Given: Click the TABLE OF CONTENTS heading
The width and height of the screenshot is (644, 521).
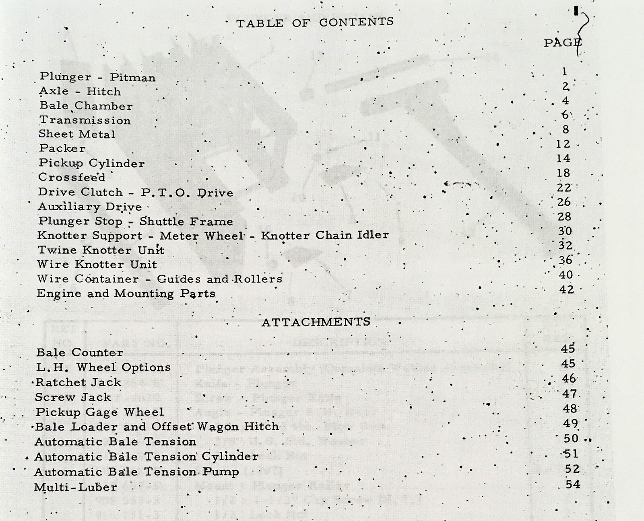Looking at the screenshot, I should [315, 23].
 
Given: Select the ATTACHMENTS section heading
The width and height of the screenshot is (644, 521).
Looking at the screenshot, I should [316, 322].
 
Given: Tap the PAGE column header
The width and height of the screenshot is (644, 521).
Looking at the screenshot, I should [562, 43].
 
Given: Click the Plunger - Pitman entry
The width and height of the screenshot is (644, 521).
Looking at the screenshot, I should [97, 77].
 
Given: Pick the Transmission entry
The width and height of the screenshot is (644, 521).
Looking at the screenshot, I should [85, 120].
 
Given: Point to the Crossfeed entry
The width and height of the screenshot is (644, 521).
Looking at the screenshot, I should [72, 177].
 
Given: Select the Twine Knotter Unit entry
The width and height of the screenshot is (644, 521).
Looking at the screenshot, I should [101, 250].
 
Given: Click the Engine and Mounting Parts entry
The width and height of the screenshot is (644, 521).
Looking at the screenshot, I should [126, 293].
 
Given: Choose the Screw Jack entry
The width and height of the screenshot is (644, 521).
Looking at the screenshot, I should [73, 397].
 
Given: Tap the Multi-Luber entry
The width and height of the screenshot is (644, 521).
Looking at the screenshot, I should [76, 487].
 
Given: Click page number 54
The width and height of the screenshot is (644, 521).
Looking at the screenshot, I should [573, 484].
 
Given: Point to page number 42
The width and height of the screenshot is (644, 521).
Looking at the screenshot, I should [566, 289].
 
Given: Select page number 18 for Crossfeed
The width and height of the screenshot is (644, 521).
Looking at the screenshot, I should [563, 173].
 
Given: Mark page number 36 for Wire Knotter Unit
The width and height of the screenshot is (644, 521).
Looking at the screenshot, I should [565, 260].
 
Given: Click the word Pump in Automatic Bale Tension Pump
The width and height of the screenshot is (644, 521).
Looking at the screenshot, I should [221, 472].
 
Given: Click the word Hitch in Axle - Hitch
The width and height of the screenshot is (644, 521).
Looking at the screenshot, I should [104, 92].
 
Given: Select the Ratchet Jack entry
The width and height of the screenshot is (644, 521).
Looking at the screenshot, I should [78, 382].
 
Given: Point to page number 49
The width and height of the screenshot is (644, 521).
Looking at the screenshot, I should [570, 423].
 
